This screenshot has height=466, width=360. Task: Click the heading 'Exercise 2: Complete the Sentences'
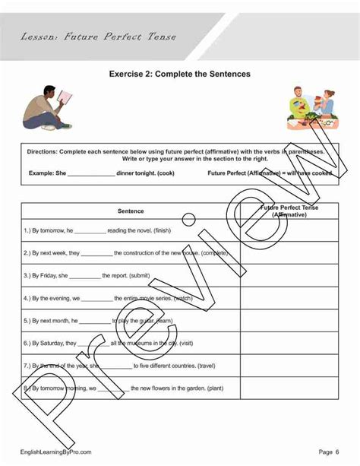180,74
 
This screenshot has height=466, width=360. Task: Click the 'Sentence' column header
131,211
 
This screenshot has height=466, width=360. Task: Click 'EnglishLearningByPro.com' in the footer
56,452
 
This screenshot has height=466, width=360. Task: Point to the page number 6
336,452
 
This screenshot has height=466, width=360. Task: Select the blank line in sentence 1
90,230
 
